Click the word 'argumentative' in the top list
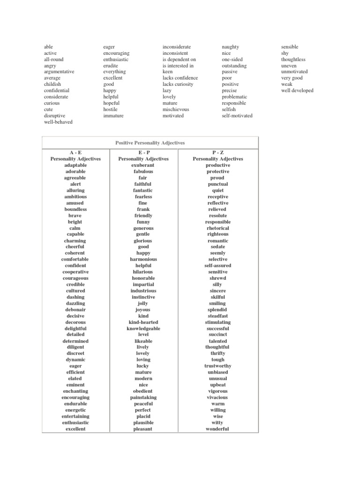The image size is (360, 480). [59, 72]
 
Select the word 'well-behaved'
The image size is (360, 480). [58, 122]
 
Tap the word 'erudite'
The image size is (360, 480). [112, 66]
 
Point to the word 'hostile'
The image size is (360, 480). [111, 109]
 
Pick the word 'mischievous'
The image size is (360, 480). [176, 109]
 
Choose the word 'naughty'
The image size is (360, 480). [230, 47]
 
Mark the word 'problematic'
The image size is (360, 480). [234, 97]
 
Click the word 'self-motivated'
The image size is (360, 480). [237, 115]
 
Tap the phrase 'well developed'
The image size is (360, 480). [297, 90]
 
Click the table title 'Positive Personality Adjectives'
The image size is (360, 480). [150, 142]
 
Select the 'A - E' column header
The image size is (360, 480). [75, 153]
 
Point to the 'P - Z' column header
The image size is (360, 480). [217, 153]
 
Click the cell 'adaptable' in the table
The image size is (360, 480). [75, 165]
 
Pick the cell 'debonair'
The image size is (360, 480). [75, 309]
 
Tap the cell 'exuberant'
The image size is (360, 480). [143, 165]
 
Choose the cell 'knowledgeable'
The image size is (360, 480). [143, 329]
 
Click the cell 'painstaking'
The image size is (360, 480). [143, 397]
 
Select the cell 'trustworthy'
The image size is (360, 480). [217, 366]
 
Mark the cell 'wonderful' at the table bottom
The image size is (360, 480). [217, 429]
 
